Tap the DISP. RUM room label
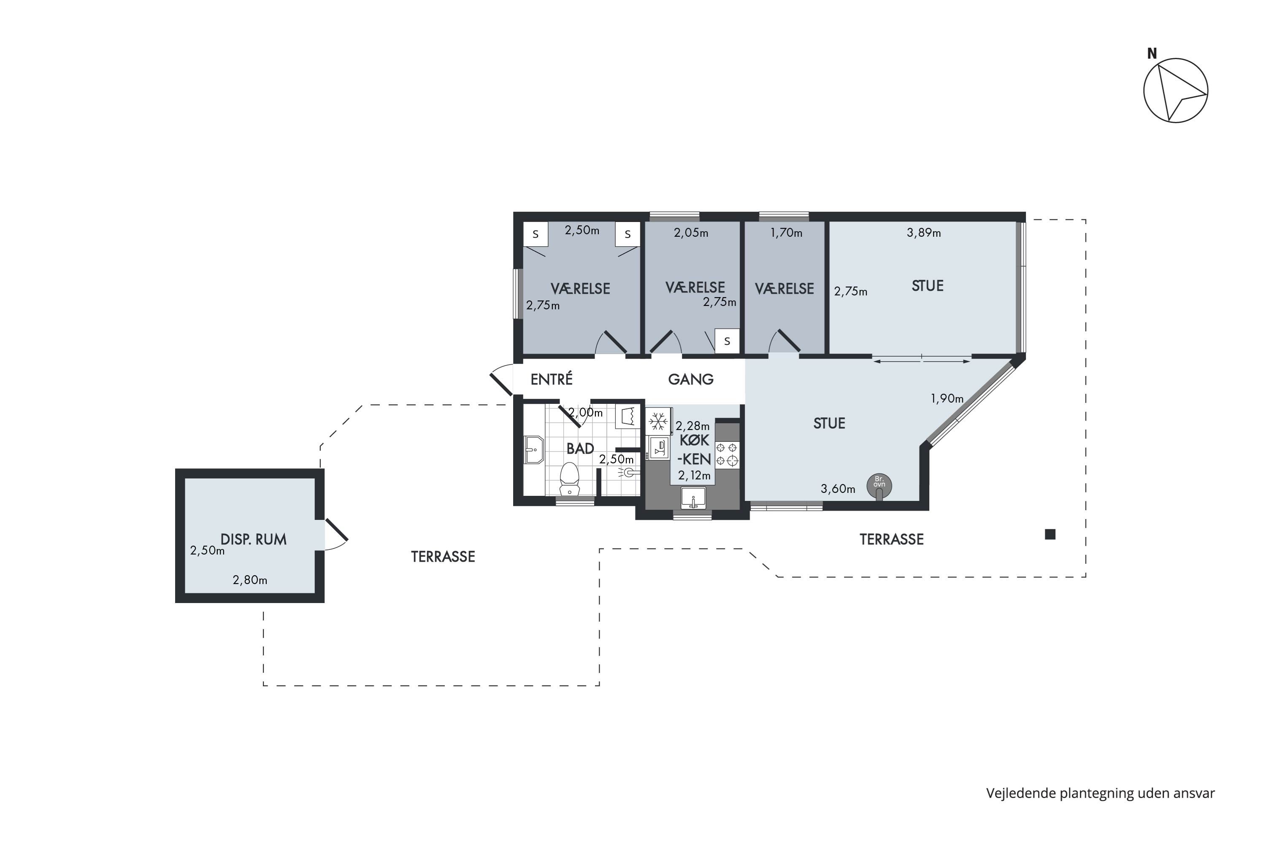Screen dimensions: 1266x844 point(254,539)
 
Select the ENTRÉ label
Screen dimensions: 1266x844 point(551,379)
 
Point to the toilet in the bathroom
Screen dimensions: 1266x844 point(569,479)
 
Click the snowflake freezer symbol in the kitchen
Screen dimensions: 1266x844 point(658,422)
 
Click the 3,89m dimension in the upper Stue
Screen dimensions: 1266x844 point(924,233)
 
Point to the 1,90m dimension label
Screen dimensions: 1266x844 point(947,398)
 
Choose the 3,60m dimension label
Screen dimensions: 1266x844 point(838,489)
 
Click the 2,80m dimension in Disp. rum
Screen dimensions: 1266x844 point(250,580)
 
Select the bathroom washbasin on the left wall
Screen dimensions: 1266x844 point(534,449)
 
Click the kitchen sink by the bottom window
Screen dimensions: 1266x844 point(693,498)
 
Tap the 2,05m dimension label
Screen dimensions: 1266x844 point(691,233)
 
